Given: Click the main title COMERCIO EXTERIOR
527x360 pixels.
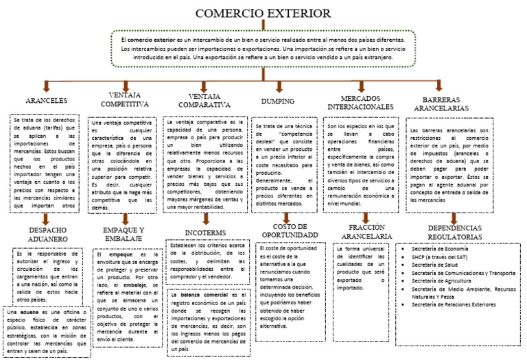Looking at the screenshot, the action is [263, 14].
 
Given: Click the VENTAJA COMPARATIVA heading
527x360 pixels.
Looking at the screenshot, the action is [204, 99].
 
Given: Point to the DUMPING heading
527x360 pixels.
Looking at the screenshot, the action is [278, 101].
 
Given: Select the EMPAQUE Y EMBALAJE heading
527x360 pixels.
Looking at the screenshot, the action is [124, 234].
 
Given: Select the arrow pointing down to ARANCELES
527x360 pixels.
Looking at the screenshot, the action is [46, 86].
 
